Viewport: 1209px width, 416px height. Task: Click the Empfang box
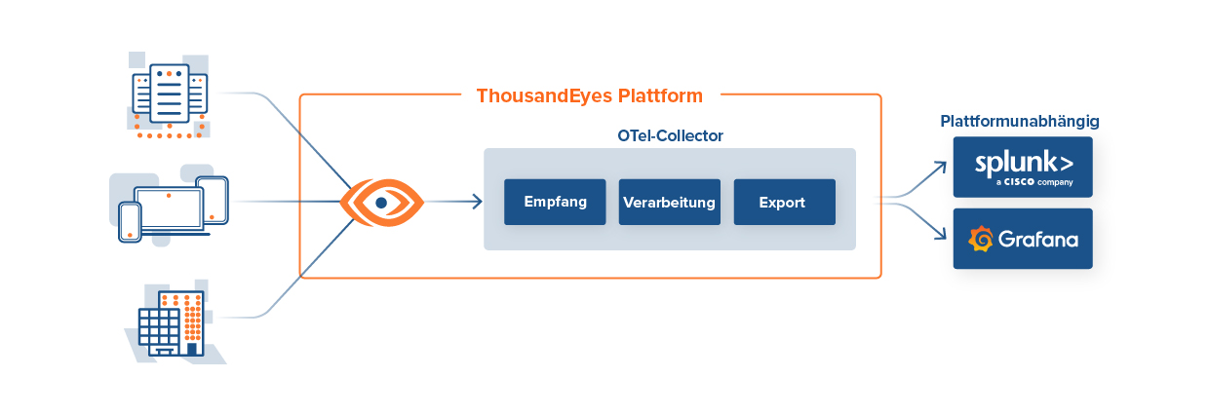click(x=555, y=203)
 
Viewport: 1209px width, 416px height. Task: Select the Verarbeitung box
click(x=669, y=203)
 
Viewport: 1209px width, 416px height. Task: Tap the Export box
click(x=784, y=203)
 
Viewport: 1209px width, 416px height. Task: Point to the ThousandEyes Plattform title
click(x=589, y=95)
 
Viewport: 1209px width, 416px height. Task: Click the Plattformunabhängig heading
click(x=1020, y=122)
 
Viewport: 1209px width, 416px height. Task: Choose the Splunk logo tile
click(x=1023, y=167)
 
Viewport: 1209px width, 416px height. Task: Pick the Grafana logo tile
click(x=1023, y=239)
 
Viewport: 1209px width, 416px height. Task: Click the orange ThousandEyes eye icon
click(x=382, y=203)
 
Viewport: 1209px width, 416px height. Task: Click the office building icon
click(x=172, y=321)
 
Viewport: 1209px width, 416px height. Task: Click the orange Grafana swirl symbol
click(x=980, y=239)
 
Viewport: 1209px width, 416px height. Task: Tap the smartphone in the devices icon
click(x=129, y=222)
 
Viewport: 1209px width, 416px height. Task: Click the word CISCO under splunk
click(x=1023, y=182)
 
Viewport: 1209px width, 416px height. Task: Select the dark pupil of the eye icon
click(x=381, y=203)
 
